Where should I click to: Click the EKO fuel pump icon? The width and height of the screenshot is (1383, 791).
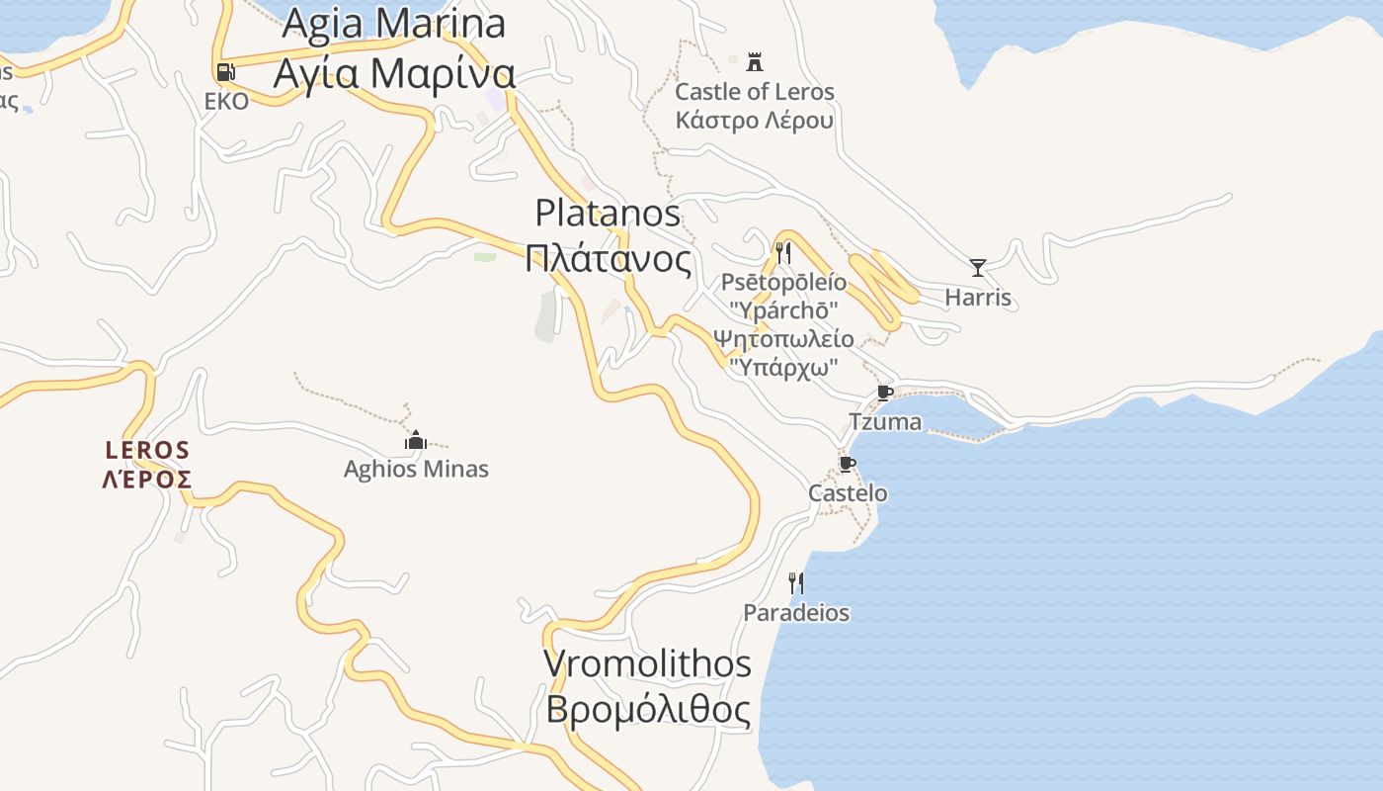pos(225,71)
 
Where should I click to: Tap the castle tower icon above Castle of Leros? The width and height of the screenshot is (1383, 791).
pos(755,62)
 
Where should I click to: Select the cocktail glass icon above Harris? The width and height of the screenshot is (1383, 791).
pos(978,267)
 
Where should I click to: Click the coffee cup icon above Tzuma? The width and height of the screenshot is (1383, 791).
pos(885,393)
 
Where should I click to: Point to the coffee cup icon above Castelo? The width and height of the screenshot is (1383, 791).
pos(847,464)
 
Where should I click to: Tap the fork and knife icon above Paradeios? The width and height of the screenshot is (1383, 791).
pos(795,583)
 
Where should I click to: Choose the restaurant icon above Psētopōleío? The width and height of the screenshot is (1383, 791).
pos(783,253)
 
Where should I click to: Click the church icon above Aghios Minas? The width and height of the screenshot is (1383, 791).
pos(416,440)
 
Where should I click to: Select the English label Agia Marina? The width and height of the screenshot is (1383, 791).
pos(394,24)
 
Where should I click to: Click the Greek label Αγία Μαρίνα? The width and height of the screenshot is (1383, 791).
pos(394,73)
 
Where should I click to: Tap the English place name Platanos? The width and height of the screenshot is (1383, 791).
pos(608,213)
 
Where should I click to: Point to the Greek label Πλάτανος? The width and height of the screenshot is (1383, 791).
pos(608,259)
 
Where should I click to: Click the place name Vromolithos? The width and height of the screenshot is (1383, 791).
pos(647,663)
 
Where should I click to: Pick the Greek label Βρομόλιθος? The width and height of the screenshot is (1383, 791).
pos(647,710)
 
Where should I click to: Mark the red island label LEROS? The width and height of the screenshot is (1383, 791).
pos(147,451)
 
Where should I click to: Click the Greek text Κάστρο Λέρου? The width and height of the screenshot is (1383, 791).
pos(754,121)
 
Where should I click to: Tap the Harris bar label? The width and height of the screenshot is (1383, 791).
pos(978,298)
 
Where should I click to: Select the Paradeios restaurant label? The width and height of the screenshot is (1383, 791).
pos(796,613)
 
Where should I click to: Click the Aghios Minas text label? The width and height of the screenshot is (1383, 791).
pos(416,469)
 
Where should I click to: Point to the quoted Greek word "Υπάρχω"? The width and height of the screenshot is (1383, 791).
pos(783,367)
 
